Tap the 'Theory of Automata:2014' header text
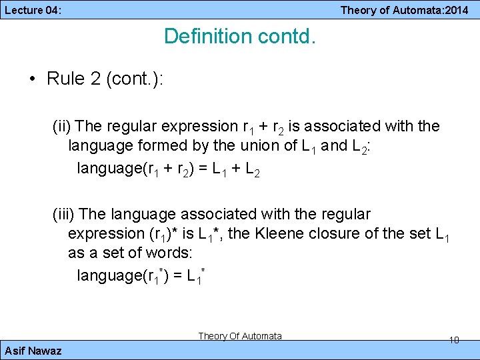pos(404,9)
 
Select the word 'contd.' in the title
pos(287,36)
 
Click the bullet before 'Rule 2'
pos(33,79)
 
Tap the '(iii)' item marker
pos(65,214)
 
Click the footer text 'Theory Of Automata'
pos(240,336)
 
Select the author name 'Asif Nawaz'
pos(33,351)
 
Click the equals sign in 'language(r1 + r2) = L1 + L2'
pos(201,169)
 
